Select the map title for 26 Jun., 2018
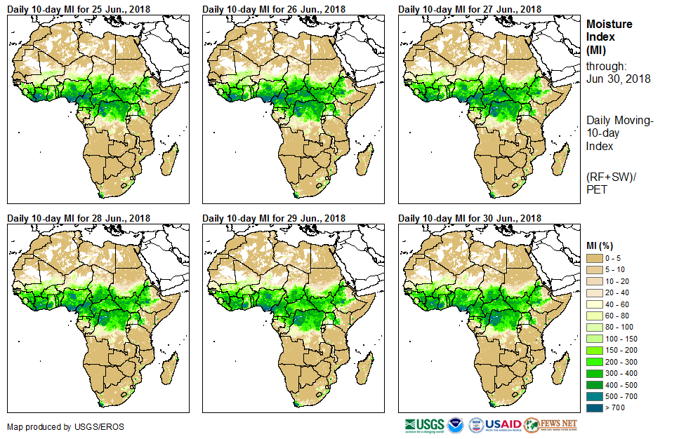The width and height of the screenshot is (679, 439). click(273, 9)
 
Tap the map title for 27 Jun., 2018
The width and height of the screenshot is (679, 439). click(469, 9)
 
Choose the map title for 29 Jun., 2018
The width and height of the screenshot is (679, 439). click(273, 218)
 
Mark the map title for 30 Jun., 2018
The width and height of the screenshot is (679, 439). click(469, 218)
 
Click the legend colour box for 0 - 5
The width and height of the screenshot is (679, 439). click(594, 259)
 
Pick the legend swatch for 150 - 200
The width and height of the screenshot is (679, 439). click(594, 351)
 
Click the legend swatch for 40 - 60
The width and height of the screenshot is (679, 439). click(594, 305)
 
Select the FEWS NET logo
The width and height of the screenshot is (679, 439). click(551, 425)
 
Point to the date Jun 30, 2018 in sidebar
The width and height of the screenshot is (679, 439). click(619, 79)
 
